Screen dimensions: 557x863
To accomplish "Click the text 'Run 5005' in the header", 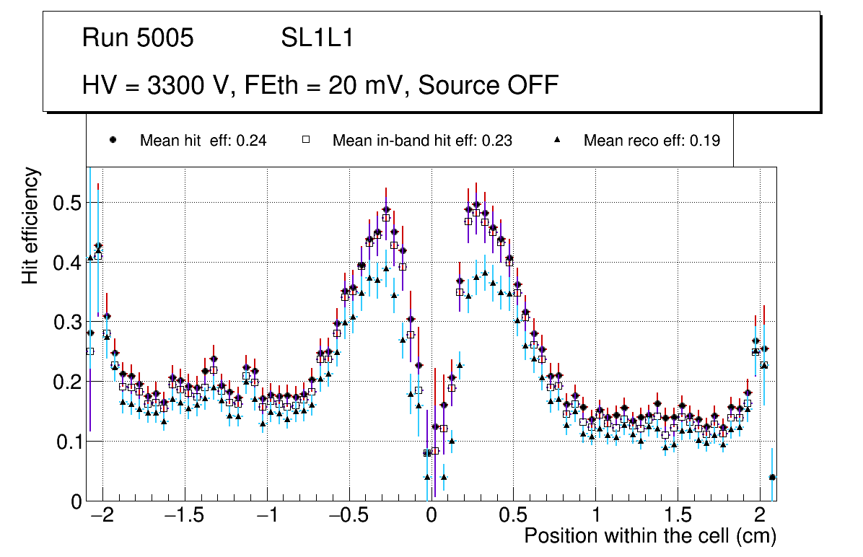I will click(138, 38).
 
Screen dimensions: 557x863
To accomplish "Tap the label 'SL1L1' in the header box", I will click(317, 38).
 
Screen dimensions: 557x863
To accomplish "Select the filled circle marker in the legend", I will click(113, 140).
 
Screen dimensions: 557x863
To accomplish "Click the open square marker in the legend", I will click(305, 140).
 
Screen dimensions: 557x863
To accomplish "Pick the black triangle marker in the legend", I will click(556, 140).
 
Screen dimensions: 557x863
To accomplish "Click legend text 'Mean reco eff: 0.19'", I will click(652, 141).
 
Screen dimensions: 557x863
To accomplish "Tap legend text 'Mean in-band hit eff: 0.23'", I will click(422, 141).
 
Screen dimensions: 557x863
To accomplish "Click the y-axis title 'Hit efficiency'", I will click(30, 225).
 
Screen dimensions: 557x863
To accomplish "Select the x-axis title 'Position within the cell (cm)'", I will click(649, 536).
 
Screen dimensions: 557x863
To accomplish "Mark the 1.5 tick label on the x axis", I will click(678, 517).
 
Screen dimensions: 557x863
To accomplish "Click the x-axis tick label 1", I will click(595, 517).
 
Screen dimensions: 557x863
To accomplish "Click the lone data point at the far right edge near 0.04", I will click(772, 477).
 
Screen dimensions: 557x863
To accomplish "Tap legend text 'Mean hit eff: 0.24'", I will click(203, 141).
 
